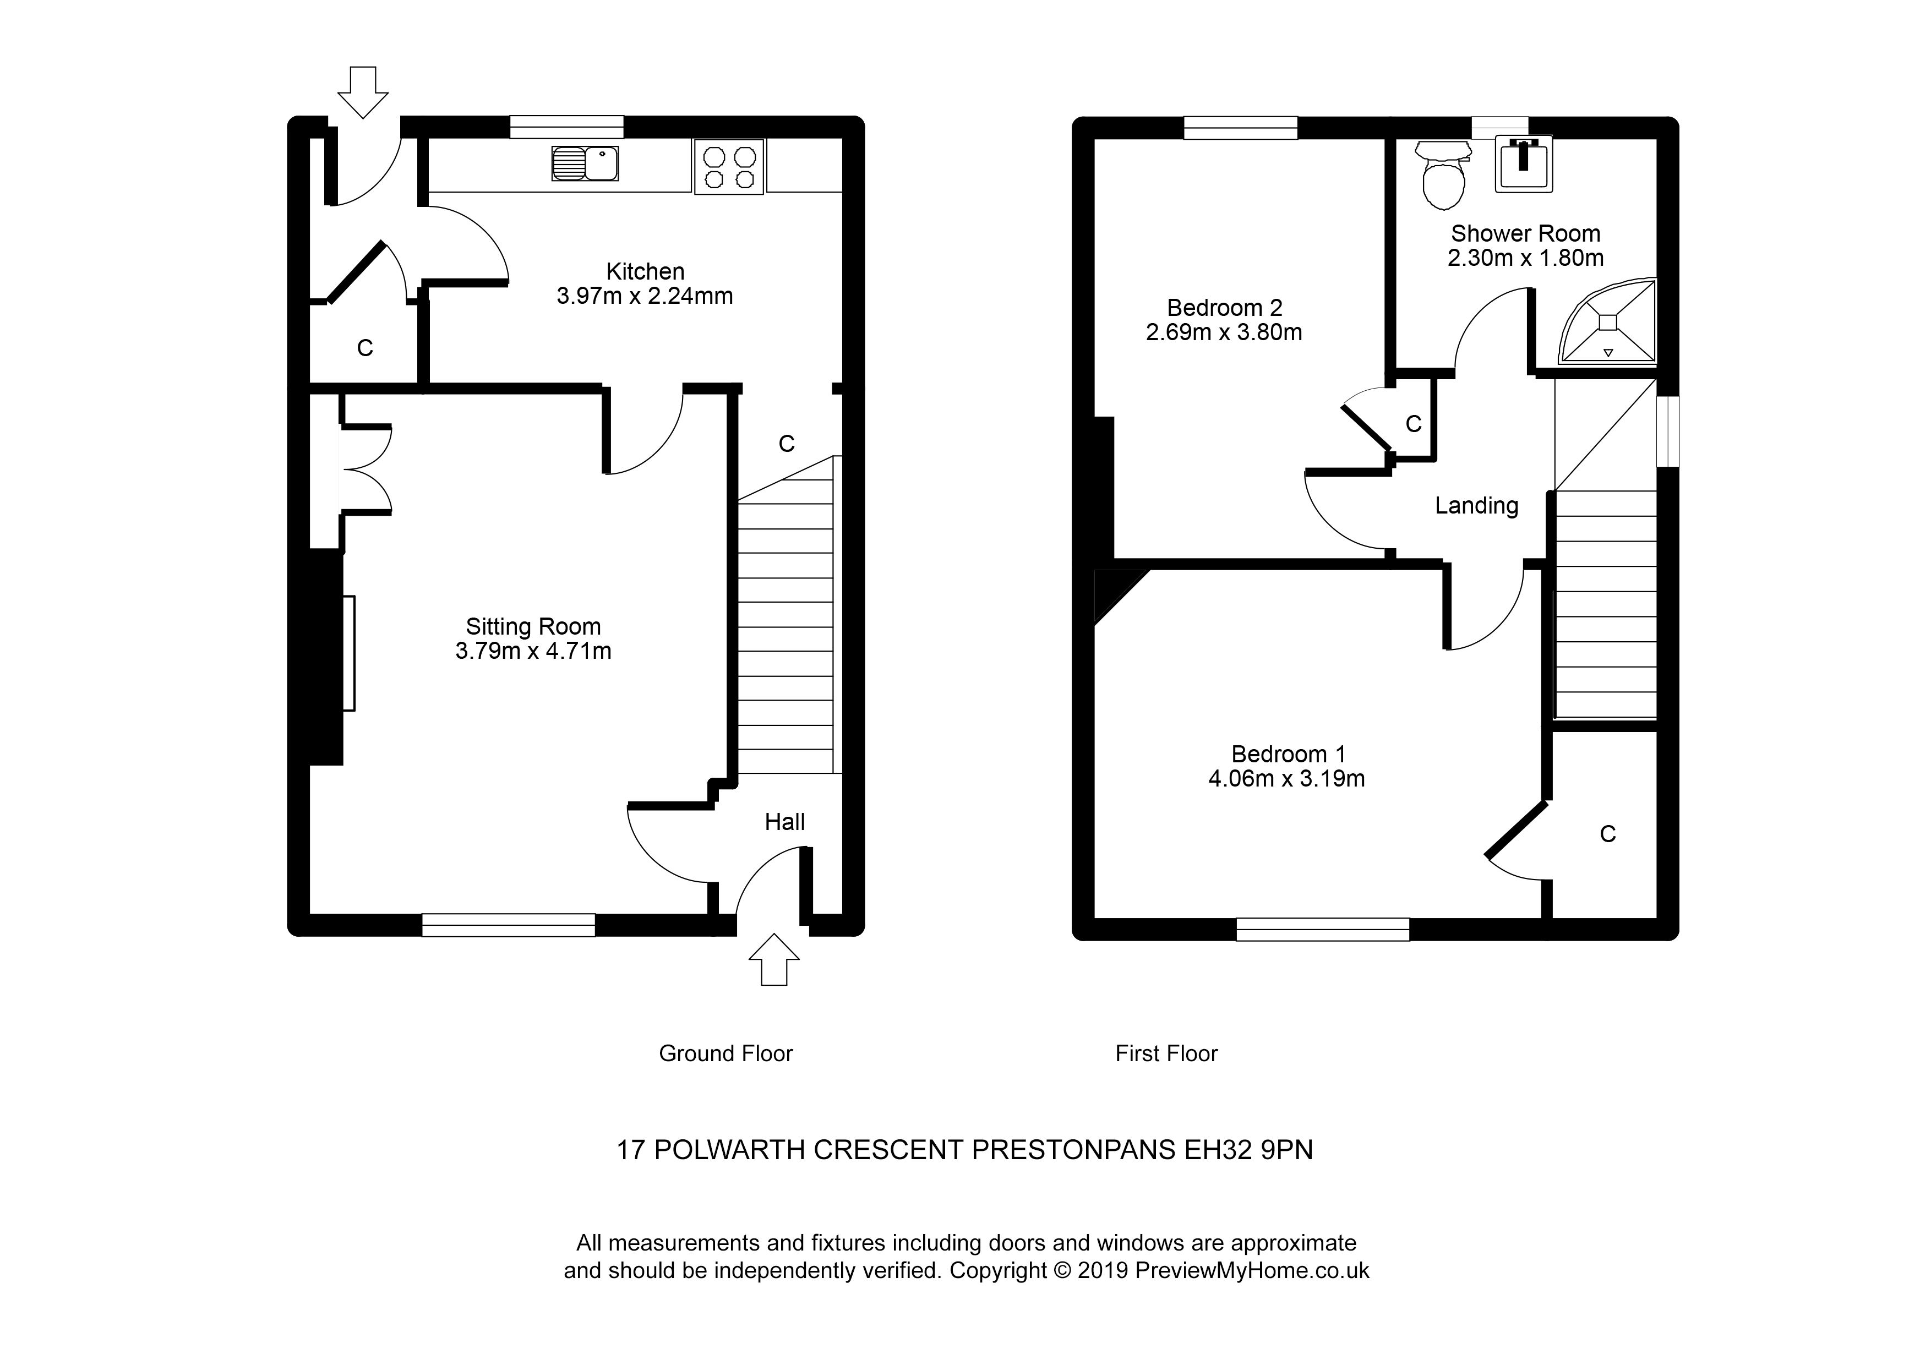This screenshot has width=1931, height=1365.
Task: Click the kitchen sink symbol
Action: pos(585,163)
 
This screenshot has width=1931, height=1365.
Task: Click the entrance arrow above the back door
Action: pos(363,92)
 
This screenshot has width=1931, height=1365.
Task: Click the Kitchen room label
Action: pos(645,272)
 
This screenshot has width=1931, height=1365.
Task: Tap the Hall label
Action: pos(785,822)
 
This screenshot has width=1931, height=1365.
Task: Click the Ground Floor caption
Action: pos(726,1053)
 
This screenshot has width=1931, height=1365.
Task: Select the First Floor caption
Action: pos(1166,1053)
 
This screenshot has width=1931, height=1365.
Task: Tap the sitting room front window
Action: pos(508,925)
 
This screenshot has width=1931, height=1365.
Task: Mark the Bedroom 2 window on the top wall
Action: pos(1241,128)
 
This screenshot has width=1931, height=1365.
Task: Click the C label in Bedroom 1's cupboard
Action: pos(1607,833)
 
